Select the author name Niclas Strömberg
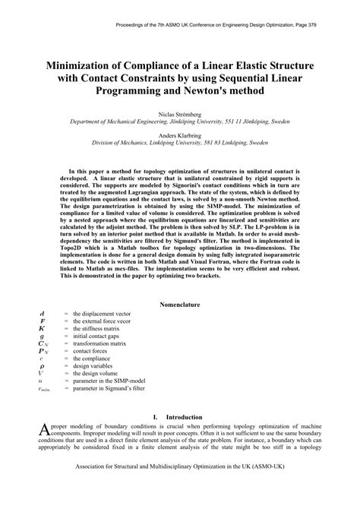point(180,112)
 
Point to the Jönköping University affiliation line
point(180,120)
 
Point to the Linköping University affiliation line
point(180,142)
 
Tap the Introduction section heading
point(187,417)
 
